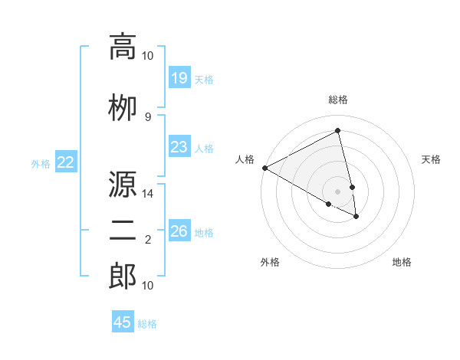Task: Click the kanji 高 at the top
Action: [123, 47]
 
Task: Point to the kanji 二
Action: [123, 229]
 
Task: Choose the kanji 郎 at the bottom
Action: [123, 277]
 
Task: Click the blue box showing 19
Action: [179, 77]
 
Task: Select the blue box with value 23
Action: [179, 147]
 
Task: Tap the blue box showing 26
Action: [179, 231]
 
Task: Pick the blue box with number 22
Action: [66, 162]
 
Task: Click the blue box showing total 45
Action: [123, 322]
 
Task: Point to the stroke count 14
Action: [148, 195]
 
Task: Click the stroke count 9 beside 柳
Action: [148, 116]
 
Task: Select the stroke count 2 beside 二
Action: [148, 241]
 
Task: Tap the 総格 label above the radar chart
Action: [338, 100]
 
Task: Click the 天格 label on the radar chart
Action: [432, 159]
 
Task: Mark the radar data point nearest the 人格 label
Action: [264, 168]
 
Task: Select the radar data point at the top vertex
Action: [338, 131]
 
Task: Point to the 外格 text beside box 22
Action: [41, 163]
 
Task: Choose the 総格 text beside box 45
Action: [147, 324]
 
